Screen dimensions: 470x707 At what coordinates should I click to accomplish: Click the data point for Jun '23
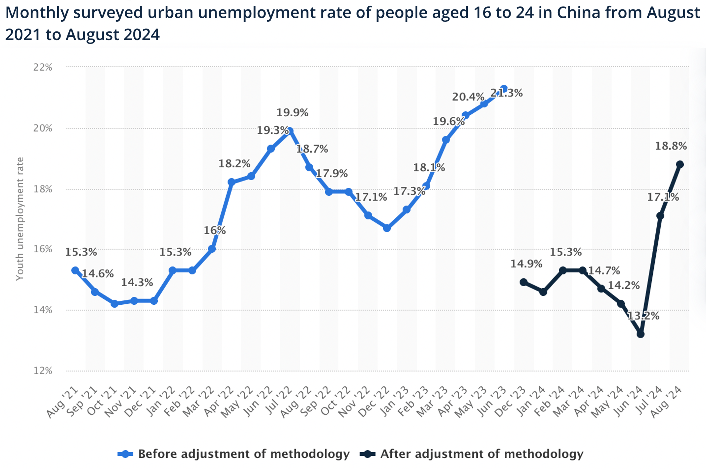pyautogui.click(x=504, y=89)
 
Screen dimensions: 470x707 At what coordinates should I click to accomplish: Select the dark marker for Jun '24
pyautogui.click(x=640, y=334)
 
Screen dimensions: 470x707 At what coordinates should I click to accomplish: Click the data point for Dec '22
pyautogui.click(x=387, y=228)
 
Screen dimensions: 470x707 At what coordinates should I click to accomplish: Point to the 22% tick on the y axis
pyautogui.click(x=43, y=67)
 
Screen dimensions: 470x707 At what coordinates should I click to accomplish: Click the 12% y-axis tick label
pyautogui.click(x=43, y=371)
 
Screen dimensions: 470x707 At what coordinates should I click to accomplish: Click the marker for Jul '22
pyautogui.click(x=290, y=131)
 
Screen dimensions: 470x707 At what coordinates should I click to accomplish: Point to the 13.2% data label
pyautogui.click(x=643, y=316)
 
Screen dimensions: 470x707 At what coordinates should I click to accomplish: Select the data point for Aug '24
pyautogui.click(x=680, y=164)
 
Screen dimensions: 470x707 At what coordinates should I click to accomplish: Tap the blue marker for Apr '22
pyautogui.click(x=231, y=182)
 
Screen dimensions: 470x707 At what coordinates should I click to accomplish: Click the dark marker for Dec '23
pyautogui.click(x=523, y=282)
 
